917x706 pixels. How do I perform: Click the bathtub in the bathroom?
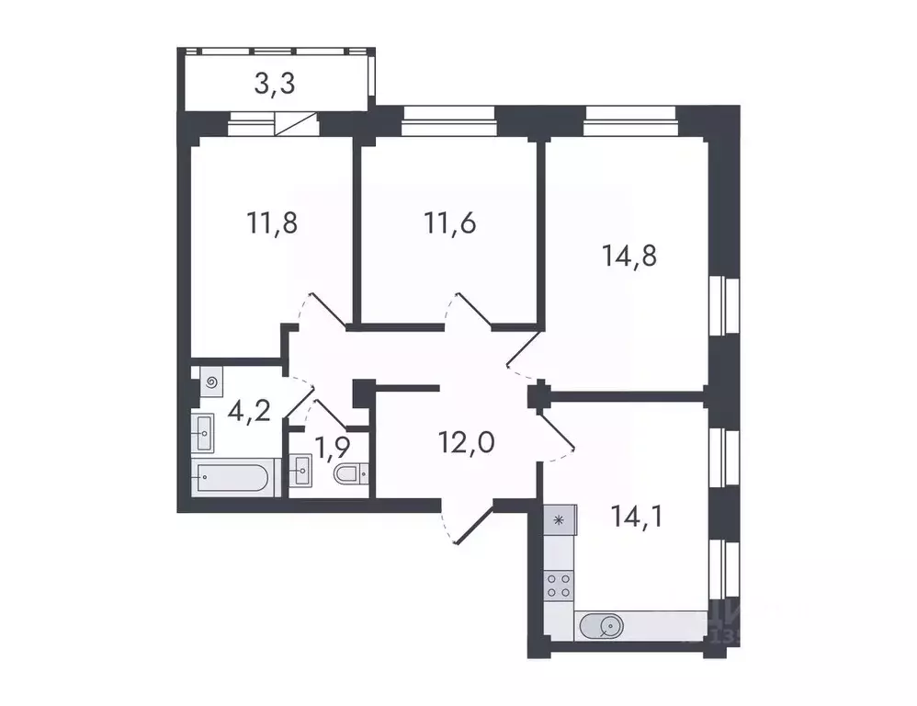pos(235,479)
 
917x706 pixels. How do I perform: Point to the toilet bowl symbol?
pos(349,474)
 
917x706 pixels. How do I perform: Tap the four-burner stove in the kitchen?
pos(559,586)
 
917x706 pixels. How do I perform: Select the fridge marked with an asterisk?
pos(558,520)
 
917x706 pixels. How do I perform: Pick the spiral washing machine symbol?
pos(212,381)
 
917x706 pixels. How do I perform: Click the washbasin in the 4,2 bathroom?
pos(204,427)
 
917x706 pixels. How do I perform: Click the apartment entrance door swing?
pos(465,524)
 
